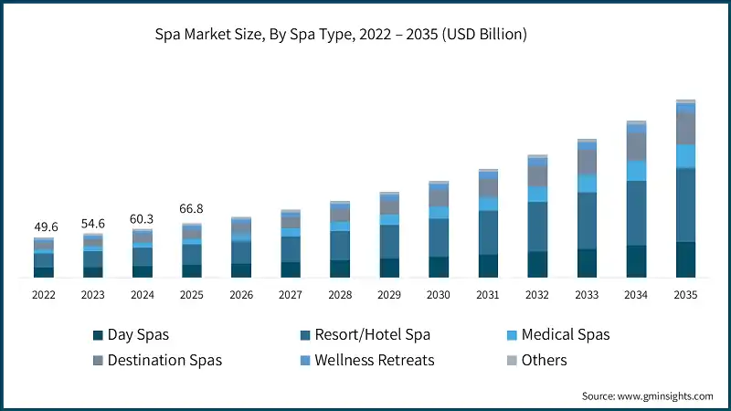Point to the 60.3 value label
tap(143, 218)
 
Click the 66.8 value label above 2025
tap(192, 210)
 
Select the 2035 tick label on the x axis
tap(685, 295)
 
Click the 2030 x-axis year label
tap(439, 295)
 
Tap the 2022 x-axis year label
tap(43, 295)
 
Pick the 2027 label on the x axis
tap(291, 295)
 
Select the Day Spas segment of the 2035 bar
tap(685, 259)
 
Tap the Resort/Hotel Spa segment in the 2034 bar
tap(636, 213)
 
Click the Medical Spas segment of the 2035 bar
tap(685, 156)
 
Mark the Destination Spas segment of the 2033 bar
tap(587, 163)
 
